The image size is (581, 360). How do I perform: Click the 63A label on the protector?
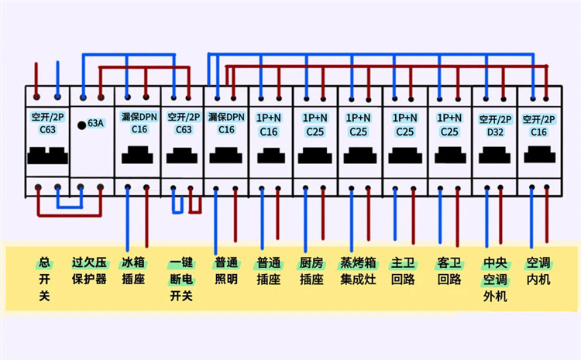point(95,123)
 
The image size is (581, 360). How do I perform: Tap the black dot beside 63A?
point(81,124)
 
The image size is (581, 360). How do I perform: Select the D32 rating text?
point(494,132)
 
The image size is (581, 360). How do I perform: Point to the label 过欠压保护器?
point(89,270)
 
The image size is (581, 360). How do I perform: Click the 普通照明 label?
point(226,270)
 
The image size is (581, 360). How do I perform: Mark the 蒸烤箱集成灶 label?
point(358,270)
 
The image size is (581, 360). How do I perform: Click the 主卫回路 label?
point(404,270)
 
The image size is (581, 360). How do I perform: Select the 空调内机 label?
point(538,270)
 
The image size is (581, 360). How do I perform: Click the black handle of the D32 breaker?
point(494,157)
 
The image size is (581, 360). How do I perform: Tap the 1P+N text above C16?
point(268,118)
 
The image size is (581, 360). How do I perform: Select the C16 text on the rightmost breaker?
point(538,132)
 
